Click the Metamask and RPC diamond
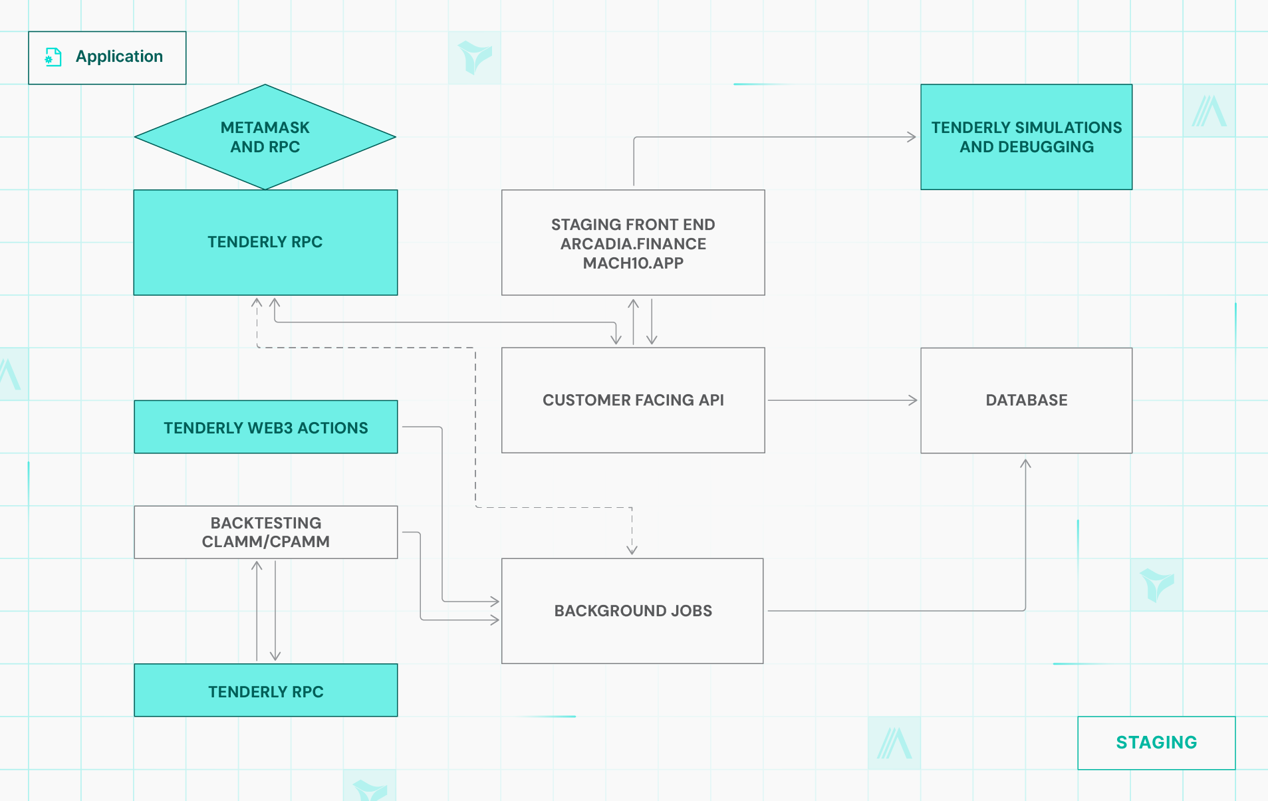tap(265, 137)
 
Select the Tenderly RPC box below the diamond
tap(265, 242)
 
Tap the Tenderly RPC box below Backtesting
tap(265, 691)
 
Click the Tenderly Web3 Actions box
tap(265, 427)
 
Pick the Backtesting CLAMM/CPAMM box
tap(265, 532)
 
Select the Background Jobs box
tap(632, 610)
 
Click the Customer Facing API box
tap(632, 400)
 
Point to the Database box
tap(1026, 400)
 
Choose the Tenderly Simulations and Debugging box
tap(1026, 137)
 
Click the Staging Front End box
tap(632, 243)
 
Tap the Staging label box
tap(1156, 743)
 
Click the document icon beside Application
tap(53, 57)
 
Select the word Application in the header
tap(119, 57)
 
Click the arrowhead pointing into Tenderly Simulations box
tap(912, 137)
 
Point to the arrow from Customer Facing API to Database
tap(841, 400)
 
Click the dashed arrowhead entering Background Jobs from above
tap(632, 550)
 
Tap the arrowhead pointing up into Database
tap(1025, 463)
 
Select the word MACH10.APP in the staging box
tap(633, 263)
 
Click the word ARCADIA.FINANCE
tap(633, 244)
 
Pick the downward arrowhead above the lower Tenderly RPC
tap(275, 656)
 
